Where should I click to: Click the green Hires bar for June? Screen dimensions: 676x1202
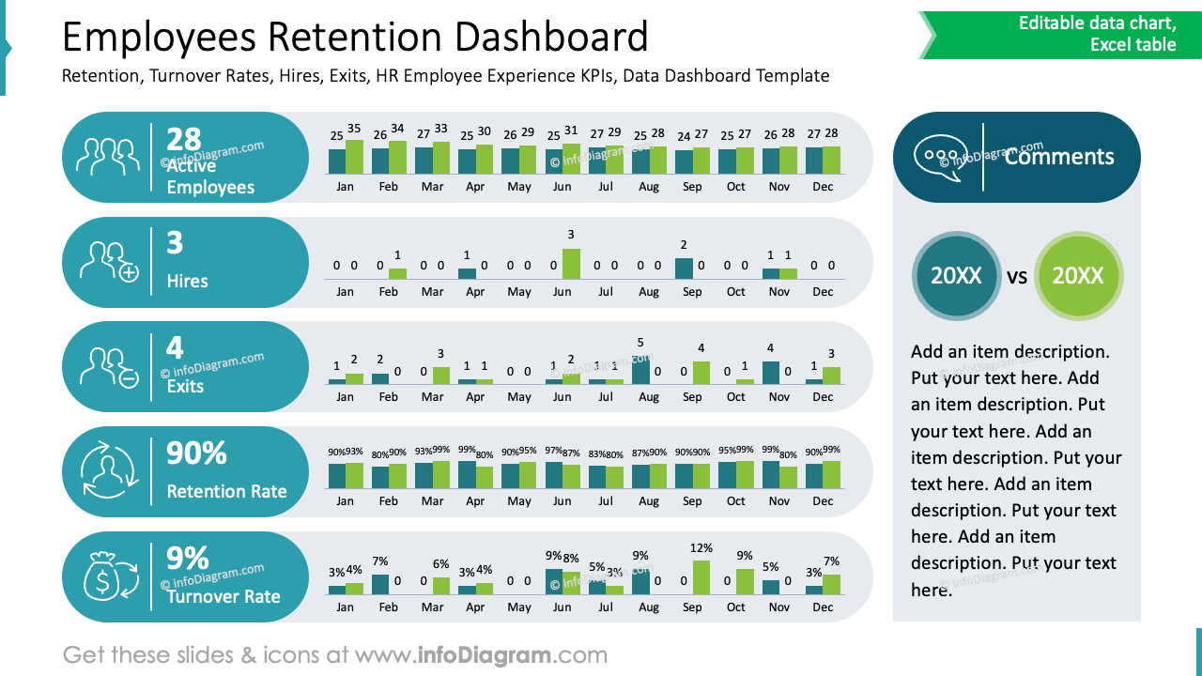coord(571,264)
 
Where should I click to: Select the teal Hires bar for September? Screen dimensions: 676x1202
coord(684,269)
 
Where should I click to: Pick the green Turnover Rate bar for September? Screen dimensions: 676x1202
coord(701,577)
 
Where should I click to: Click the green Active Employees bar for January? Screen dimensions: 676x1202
coord(354,157)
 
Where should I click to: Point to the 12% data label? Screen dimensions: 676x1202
coord(701,548)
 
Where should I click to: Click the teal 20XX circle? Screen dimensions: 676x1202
coord(956,276)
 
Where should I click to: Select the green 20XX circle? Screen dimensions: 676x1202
coord(1078,276)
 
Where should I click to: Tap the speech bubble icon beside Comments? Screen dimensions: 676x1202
coord(940,156)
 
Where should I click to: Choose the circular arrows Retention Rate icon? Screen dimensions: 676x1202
coord(109,471)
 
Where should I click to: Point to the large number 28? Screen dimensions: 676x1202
coord(184,139)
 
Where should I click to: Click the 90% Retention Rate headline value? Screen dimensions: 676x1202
coord(196,453)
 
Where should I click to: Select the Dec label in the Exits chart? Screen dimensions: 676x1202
coord(823,397)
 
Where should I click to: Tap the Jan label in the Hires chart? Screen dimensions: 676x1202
coord(345,292)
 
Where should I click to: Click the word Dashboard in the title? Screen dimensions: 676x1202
coord(551,38)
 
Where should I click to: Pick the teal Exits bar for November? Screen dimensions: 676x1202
coord(771,373)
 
